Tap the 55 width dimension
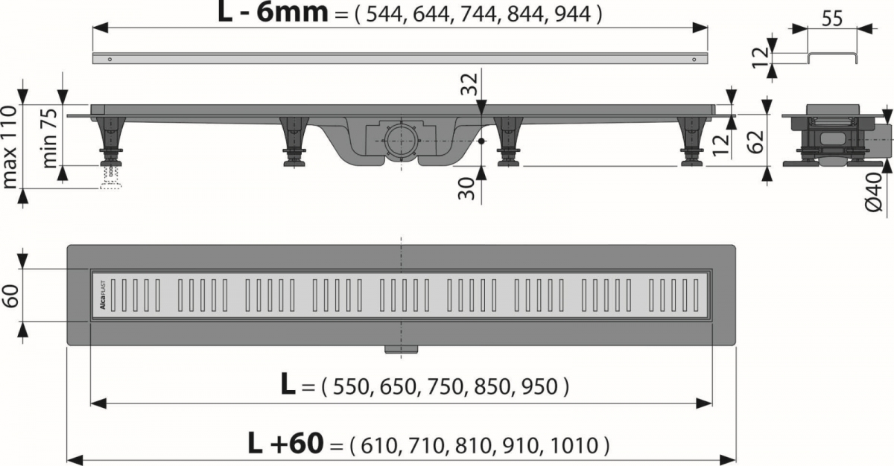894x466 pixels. coord(832,19)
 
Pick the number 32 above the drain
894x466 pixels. coord(469,85)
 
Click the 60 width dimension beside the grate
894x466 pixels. coord(10,296)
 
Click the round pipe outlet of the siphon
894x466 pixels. coord(402,138)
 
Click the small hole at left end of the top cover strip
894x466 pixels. coord(110,58)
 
